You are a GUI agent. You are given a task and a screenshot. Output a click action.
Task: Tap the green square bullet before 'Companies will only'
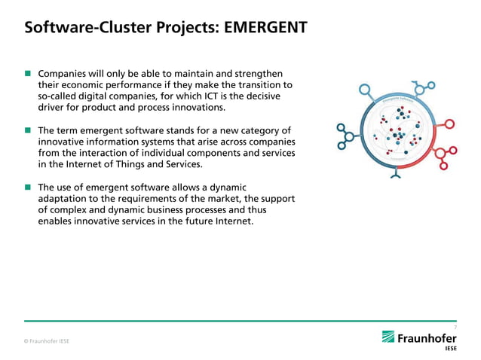[x=28, y=74]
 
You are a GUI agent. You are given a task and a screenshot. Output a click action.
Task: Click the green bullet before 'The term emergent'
[x=28, y=130]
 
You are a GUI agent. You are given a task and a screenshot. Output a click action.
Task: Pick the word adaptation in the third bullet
[x=65, y=198]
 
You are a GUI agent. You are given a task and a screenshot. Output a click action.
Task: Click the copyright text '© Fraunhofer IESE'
[x=47, y=341]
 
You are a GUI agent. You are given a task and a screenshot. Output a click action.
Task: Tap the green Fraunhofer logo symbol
[x=388, y=337]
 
